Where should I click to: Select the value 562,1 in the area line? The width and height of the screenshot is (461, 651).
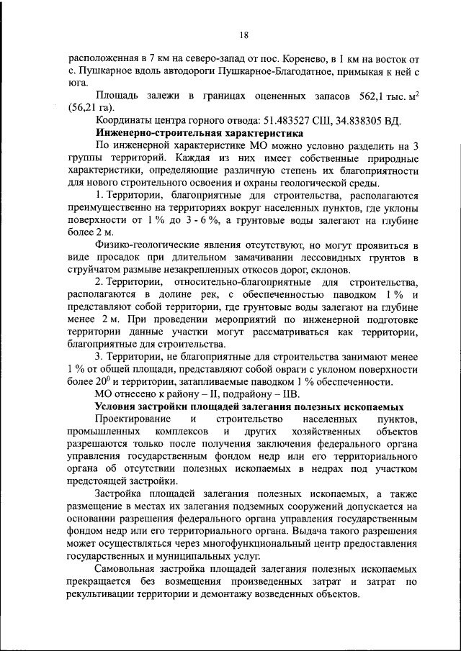365,96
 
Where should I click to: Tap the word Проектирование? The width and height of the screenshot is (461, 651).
134,419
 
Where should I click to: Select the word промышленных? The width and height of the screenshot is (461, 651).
102,432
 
